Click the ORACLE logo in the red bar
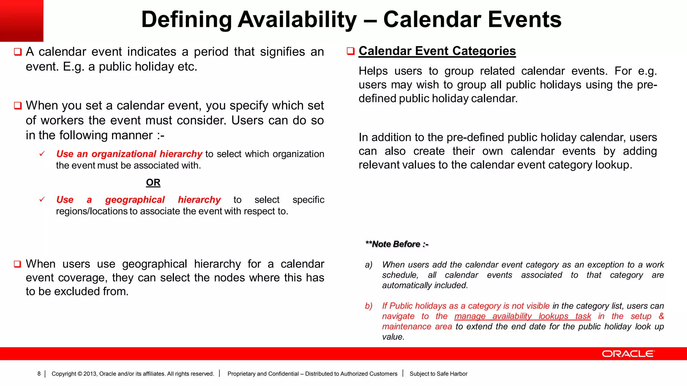click(x=628, y=354)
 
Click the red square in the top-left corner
click(x=21, y=20)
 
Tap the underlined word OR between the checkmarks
click(x=153, y=183)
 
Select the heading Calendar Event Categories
click(x=437, y=51)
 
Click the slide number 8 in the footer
click(x=39, y=374)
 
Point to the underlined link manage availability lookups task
click(x=522, y=316)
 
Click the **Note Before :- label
click(x=397, y=244)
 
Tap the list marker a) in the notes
click(x=368, y=265)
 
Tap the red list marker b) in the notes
click(x=368, y=306)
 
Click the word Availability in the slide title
click(x=297, y=19)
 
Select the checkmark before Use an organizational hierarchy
click(x=42, y=154)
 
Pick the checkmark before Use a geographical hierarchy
click(x=42, y=200)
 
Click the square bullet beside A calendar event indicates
click(x=18, y=52)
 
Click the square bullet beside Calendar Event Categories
click(x=351, y=51)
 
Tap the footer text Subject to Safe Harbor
click(x=438, y=374)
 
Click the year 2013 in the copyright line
click(x=90, y=374)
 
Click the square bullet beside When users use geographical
click(x=18, y=264)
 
